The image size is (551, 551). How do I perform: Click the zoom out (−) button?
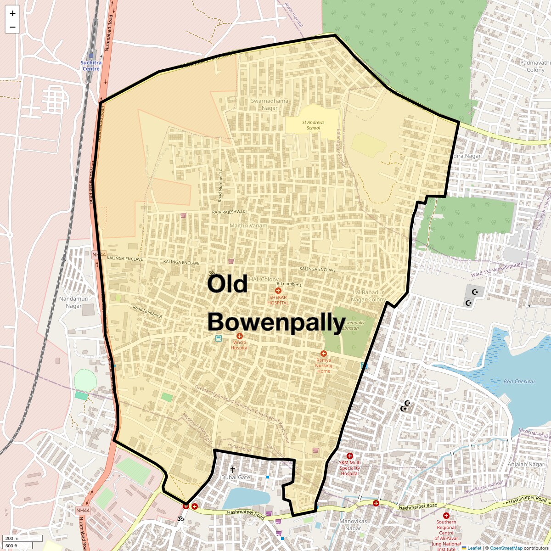point(12,27)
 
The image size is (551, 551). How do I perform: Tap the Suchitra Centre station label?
point(90,65)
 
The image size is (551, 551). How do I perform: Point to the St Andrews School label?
point(313,125)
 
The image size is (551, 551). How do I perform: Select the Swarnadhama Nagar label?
point(270,104)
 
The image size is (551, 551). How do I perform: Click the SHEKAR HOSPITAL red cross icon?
point(278,291)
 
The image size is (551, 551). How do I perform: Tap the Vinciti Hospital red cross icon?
point(240,337)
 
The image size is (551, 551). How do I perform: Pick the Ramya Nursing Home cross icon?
point(324,354)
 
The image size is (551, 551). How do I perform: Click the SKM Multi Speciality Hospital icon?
point(350,456)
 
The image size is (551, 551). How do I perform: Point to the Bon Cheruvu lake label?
point(519,381)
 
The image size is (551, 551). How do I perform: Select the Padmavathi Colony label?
point(532,66)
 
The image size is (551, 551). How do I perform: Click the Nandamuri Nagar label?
point(70,302)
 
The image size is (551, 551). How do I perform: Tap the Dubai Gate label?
point(236,477)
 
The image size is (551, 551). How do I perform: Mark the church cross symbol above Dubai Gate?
point(232,469)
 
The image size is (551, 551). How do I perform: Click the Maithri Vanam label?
point(248,225)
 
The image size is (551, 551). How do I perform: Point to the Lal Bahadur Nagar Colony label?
point(368,296)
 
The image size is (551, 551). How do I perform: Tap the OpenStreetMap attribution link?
point(506,548)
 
